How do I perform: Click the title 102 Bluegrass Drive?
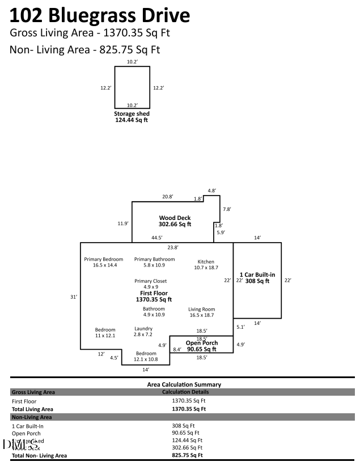[x=100, y=15]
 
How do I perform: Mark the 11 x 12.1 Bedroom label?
[x=105, y=332]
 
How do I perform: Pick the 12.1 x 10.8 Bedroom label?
[x=146, y=356]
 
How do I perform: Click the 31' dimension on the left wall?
[x=74, y=296]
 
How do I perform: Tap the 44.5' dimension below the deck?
[x=157, y=238]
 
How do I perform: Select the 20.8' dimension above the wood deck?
[x=167, y=197]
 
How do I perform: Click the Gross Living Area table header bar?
[x=182, y=392]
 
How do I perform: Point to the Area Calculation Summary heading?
[x=184, y=384]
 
